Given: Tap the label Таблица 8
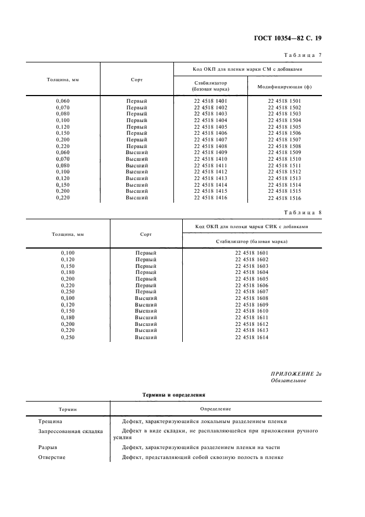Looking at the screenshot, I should pos(303,212).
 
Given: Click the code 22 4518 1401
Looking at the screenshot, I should pos(210,101).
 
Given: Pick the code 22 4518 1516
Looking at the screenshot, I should pos(284,198).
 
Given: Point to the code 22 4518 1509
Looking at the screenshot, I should pos(284,152).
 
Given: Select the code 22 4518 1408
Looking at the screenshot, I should pos(210,146).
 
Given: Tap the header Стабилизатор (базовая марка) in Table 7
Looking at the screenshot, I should pos(210,86).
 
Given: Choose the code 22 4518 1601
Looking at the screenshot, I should pos(251,253).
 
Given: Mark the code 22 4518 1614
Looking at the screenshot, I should pos(251,337).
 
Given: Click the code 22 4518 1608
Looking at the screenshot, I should pos(251,298).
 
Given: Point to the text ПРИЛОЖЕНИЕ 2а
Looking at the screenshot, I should pos(296,374).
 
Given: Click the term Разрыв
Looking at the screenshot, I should pos(47,447).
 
